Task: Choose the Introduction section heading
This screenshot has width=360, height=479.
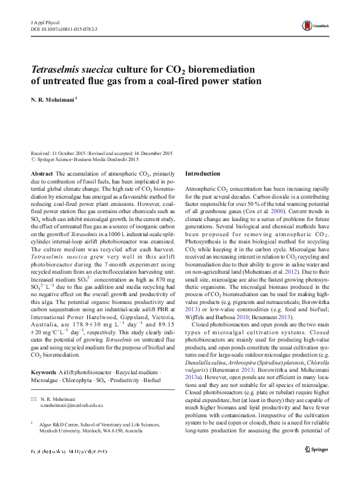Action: pos(202,173)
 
